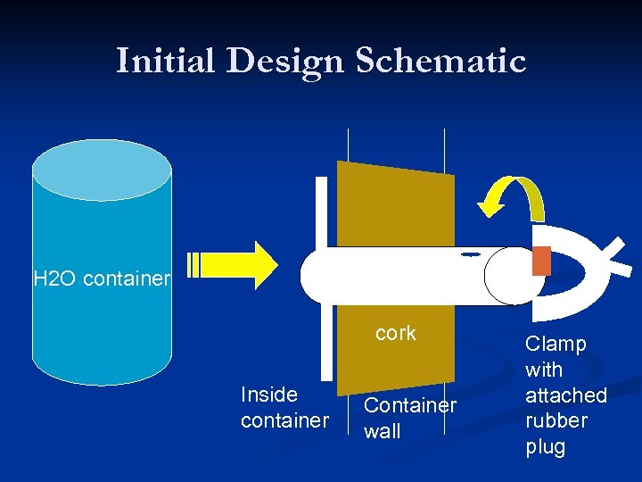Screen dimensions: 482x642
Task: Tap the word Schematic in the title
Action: [x=440, y=61]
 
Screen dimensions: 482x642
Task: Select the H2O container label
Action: [x=101, y=278]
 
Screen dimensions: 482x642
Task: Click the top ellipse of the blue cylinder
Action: [x=102, y=170]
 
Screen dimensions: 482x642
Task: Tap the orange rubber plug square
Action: [x=541, y=260]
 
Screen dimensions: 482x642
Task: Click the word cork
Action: [x=396, y=333]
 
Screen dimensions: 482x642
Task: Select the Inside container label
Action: [x=284, y=407]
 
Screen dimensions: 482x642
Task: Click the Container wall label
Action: [x=409, y=418]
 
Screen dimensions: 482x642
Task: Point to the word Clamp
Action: [x=556, y=344]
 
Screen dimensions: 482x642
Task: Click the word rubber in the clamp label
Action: [x=556, y=420]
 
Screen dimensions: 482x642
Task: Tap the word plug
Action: [x=545, y=446]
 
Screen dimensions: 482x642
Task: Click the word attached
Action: [x=565, y=395]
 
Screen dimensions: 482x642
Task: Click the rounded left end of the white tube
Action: [x=312, y=276]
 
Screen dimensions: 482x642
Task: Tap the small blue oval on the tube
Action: [x=471, y=254]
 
